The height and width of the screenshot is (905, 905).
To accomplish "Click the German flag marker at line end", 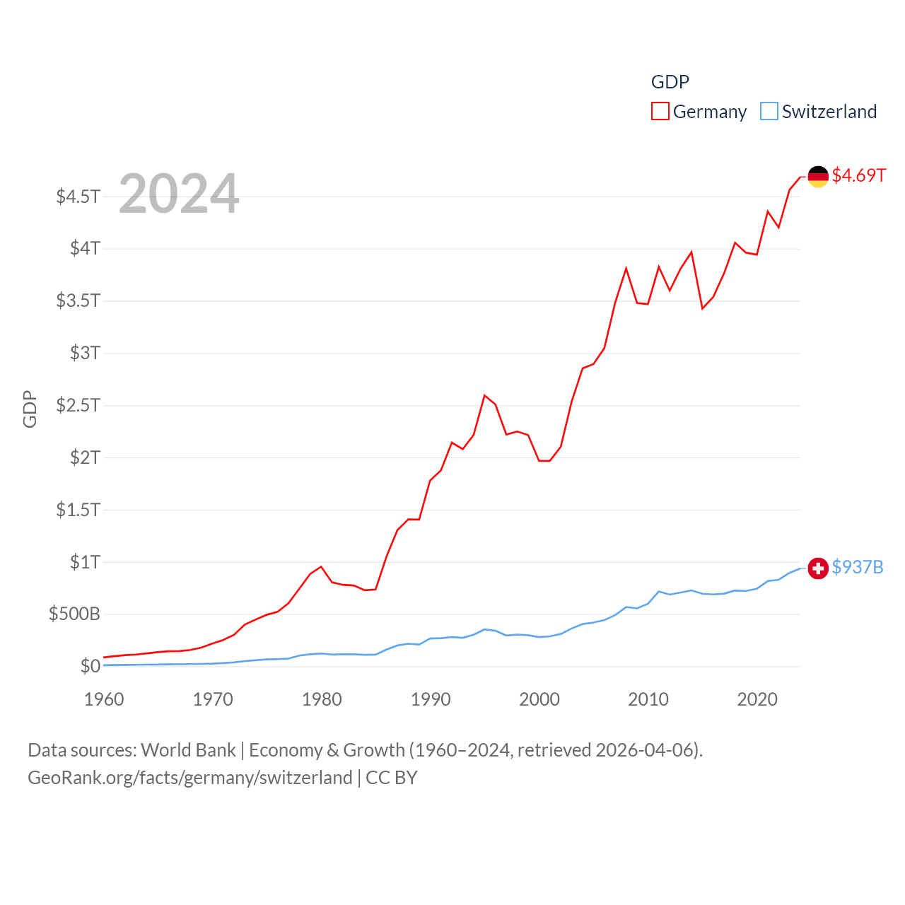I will (818, 177).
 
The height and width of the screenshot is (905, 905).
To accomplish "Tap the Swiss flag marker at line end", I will (818, 568).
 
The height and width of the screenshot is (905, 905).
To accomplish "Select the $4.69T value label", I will (858, 175).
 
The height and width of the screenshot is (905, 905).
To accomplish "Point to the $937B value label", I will (858, 567).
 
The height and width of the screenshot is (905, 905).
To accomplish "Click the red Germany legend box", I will (660, 111).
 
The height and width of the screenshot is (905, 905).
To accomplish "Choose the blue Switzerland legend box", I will (769, 111).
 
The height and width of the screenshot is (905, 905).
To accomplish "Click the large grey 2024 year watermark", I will (179, 194).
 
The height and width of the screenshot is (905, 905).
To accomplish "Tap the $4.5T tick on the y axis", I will (78, 196).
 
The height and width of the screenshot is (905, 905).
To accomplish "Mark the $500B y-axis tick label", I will (74, 614).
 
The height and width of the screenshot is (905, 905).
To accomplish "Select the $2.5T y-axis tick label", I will (78, 405).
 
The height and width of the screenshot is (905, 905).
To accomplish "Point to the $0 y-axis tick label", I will (90, 666).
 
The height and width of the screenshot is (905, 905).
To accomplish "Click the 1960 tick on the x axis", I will (104, 699).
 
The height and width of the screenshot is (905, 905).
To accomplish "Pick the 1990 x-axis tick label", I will (431, 699).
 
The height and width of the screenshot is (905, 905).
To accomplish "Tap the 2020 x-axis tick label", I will (757, 699).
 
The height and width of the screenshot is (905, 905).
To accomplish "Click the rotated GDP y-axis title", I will (30, 409).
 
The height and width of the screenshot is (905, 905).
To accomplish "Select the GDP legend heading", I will (670, 82).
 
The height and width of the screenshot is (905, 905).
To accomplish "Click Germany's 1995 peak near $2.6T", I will (484, 395).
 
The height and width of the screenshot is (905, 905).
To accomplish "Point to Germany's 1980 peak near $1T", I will (321, 566).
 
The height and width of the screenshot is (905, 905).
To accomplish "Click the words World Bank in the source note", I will (188, 749).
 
